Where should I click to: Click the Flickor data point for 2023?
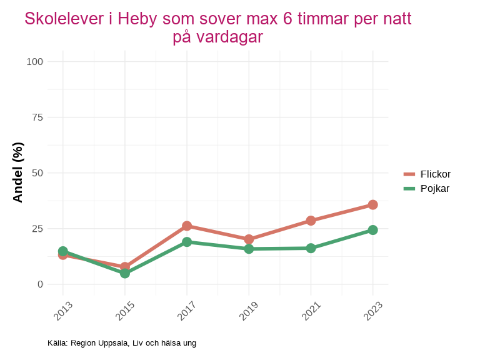[x=372, y=205]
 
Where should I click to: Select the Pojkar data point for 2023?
[x=372, y=230]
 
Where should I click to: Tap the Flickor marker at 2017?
[x=187, y=226]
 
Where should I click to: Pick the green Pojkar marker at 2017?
[x=187, y=242]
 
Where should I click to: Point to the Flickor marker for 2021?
[x=311, y=221]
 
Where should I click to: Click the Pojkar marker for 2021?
[x=311, y=248]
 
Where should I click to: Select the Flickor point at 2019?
[x=249, y=239]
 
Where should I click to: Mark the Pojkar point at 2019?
[x=249, y=249]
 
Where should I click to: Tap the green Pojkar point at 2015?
[x=125, y=273]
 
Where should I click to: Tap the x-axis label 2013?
[x=62, y=311]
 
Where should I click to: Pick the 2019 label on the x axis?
[x=248, y=311]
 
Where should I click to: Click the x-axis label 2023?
[x=372, y=311]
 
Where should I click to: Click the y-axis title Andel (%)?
[x=18, y=172]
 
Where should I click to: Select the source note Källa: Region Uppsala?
[x=122, y=343]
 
